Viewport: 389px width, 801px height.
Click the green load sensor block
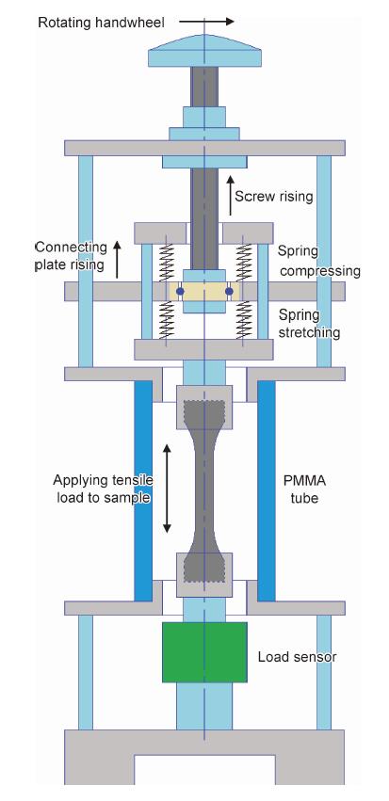(204, 652)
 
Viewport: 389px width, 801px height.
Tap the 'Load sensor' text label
(297, 656)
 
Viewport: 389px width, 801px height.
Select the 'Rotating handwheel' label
(101, 23)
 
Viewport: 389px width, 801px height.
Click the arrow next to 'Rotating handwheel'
(206, 22)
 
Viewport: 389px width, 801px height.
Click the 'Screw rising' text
(273, 196)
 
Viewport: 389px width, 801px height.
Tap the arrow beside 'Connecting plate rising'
(117, 260)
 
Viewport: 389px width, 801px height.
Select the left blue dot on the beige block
(180, 291)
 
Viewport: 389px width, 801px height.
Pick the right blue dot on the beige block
(229, 291)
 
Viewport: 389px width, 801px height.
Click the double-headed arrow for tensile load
(167, 489)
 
